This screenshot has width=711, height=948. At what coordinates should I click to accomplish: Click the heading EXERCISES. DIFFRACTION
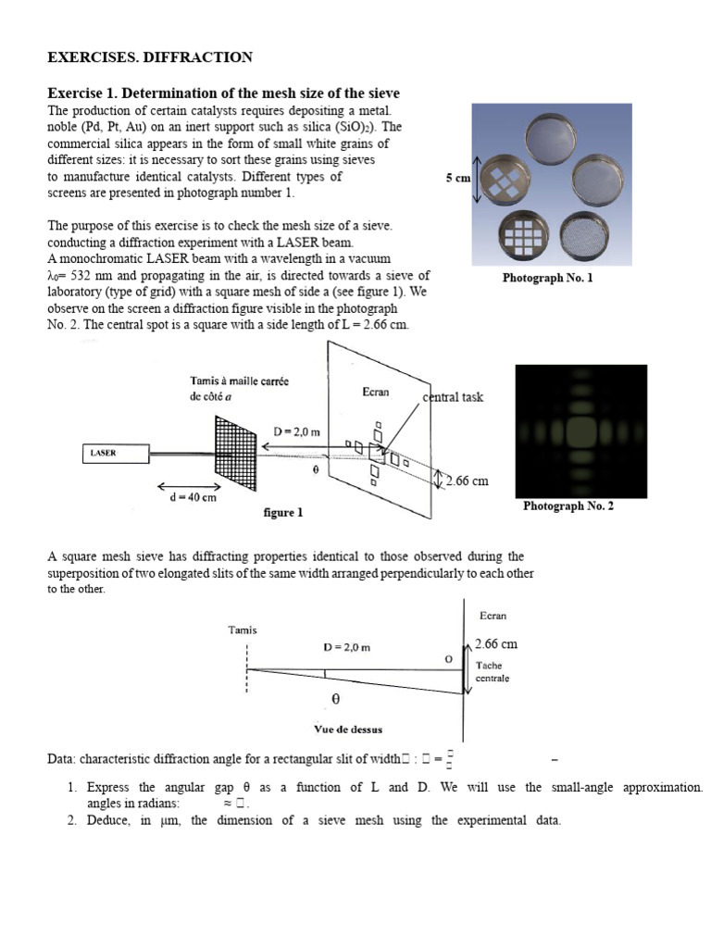(150, 57)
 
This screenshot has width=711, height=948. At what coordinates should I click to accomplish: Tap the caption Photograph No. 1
(548, 278)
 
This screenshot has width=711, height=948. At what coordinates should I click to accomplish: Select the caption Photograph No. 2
(568, 505)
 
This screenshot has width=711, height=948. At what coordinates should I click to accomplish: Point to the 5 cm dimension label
(457, 178)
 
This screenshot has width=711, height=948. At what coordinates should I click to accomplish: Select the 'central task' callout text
(453, 397)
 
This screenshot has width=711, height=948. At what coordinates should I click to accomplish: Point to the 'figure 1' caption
(283, 512)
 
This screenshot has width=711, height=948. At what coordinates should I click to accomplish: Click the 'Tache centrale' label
(492, 671)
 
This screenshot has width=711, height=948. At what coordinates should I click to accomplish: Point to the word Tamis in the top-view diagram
(243, 630)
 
